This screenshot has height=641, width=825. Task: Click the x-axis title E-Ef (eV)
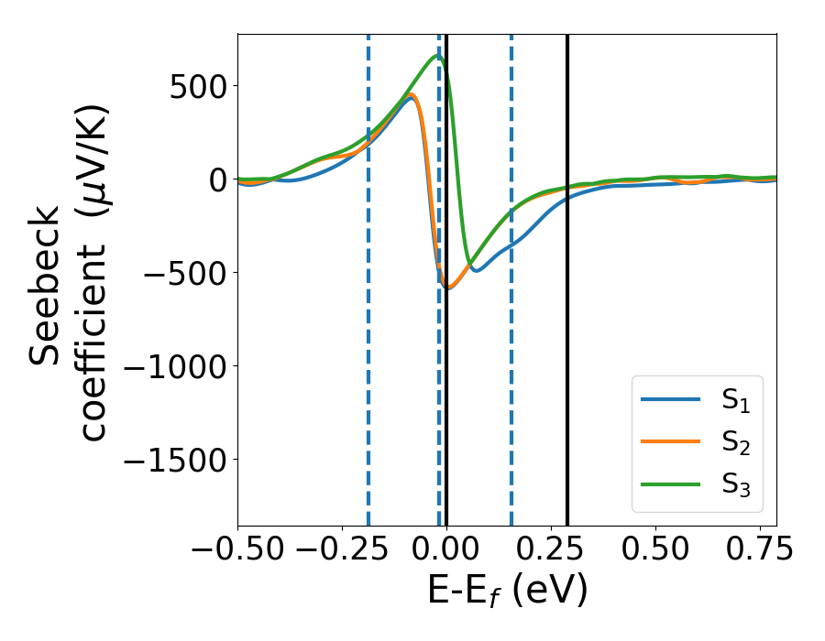click(x=507, y=592)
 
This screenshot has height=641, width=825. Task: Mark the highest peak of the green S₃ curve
click(x=438, y=56)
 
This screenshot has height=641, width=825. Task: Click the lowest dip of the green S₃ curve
click(x=470, y=264)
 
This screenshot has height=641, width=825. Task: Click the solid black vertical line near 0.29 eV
click(x=567, y=366)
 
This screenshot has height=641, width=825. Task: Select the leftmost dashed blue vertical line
click(x=368, y=366)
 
